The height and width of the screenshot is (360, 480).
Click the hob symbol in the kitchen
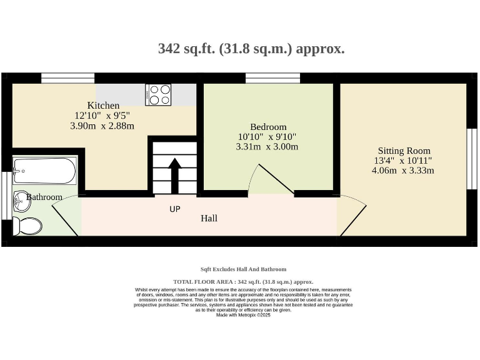point(158,94)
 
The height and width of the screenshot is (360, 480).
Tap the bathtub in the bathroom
point(44,171)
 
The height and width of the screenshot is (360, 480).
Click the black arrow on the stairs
point(175,175)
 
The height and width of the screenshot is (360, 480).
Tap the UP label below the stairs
point(175,209)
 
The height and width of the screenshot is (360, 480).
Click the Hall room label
point(209,218)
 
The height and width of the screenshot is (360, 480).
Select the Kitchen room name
point(103,106)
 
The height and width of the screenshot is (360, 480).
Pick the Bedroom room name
point(268,126)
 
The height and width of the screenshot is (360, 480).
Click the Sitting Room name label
point(404,151)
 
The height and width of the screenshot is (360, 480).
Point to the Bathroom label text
point(45,197)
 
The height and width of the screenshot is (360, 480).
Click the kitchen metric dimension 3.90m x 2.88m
point(102,126)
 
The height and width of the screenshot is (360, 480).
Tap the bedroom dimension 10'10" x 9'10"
point(267,136)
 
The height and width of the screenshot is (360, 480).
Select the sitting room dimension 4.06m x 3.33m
point(403,170)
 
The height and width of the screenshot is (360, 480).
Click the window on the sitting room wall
point(472,159)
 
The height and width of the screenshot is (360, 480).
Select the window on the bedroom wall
point(272,78)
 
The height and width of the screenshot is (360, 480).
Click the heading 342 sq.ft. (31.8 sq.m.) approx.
point(251,49)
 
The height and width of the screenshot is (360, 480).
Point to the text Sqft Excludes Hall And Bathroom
point(243,269)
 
